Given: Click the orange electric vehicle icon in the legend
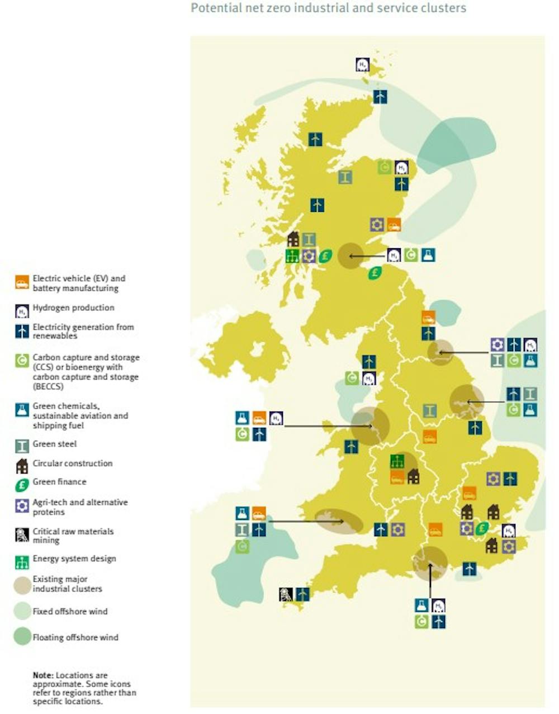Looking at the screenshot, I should point(22,282).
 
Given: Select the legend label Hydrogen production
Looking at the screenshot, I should point(73,308).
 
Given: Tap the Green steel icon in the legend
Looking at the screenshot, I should point(22,446).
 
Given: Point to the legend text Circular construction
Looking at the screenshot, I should point(73,463).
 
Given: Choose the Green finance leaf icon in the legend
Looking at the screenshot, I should point(22,485).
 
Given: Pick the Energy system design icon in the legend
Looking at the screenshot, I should point(22,561).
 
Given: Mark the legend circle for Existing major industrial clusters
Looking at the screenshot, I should point(22,585).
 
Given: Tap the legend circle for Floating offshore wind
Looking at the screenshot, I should point(22,637).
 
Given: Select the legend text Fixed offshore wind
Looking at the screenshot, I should point(70,611).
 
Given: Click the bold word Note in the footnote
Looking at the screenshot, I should point(41,675).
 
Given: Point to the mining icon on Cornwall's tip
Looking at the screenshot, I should point(286,594).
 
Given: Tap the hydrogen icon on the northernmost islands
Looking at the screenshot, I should point(363,64).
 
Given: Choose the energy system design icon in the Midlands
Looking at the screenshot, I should point(397,461).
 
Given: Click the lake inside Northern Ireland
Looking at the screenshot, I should point(258,349).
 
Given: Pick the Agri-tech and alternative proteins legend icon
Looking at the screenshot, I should point(22,506).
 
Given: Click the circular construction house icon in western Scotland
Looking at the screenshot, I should point(293,240).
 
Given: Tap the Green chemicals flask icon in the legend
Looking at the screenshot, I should point(22,410).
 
